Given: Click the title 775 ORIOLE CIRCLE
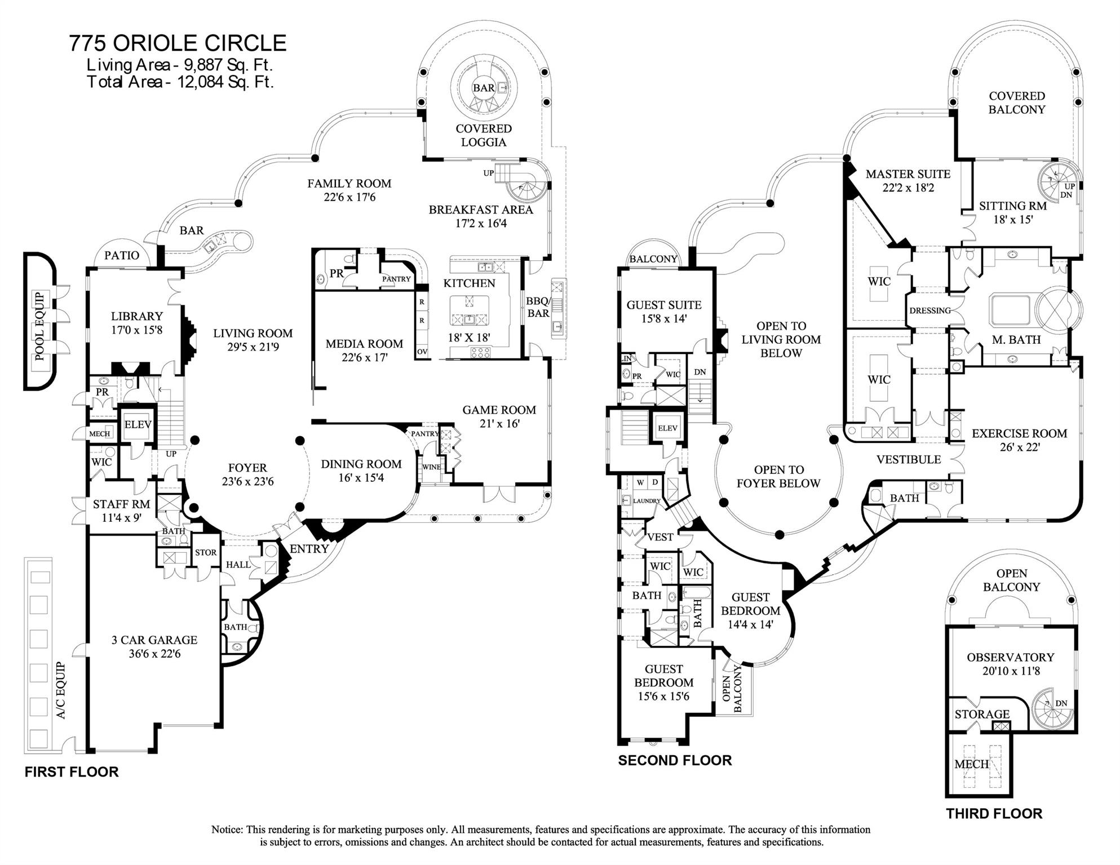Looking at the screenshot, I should pyautogui.click(x=178, y=43).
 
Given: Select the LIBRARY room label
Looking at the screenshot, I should pyautogui.click(x=136, y=316).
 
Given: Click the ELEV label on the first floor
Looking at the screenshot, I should pyautogui.click(x=137, y=424).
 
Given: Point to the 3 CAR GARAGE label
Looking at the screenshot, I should pyautogui.click(x=154, y=640).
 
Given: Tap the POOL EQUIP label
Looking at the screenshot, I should pyautogui.click(x=39, y=326).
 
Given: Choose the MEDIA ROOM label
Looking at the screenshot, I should pyautogui.click(x=364, y=343).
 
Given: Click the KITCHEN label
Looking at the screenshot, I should pyautogui.click(x=469, y=283).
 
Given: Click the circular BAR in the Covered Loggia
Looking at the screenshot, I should pyautogui.click(x=484, y=88).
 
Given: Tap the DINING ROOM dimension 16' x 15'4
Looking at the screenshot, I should pyautogui.click(x=361, y=478).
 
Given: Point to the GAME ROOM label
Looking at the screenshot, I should pyautogui.click(x=499, y=410).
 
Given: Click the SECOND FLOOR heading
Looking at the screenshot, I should pyautogui.click(x=675, y=760).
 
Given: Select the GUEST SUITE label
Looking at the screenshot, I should pyautogui.click(x=664, y=305).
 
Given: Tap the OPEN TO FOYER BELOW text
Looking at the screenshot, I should pyautogui.click(x=778, y=476).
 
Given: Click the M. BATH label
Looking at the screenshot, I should pyautogui.click(x=1016, y=339).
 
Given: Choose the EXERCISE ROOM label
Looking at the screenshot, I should pyautogui.click(x=1019, y=433).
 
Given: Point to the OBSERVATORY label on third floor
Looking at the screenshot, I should pyautogui.click(x=1010, y=657).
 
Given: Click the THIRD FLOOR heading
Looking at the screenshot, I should pyautogui.click(x=994, y=813).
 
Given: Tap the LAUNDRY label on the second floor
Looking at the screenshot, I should pyautogui.click(x=647, y=500).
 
